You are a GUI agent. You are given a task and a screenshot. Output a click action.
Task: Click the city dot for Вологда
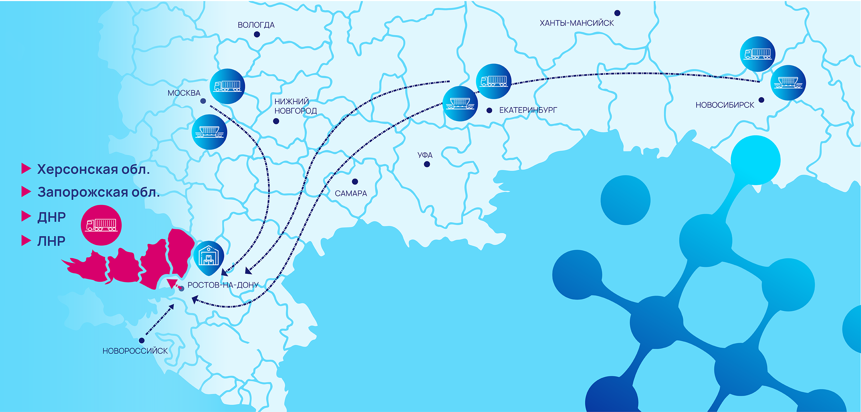point(257,34)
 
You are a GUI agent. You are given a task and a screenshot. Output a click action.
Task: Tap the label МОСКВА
point(184,93)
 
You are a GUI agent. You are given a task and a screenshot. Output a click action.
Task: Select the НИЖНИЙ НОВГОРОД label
point(296,106)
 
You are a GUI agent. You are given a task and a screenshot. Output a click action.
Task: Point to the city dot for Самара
point(355,181)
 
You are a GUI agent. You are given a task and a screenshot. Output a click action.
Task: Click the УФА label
point(425,155)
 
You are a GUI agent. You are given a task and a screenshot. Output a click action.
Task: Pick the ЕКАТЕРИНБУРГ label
point(528,110)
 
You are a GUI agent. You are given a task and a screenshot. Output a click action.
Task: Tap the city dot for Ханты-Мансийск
point(617,13)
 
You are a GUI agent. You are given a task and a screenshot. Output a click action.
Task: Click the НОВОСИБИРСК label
point(725,105)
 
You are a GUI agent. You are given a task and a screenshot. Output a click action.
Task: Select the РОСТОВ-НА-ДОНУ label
point(223,285)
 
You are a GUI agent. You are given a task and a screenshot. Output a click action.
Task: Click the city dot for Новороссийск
point(142,340)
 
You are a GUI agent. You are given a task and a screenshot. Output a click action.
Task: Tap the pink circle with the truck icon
point(101,225)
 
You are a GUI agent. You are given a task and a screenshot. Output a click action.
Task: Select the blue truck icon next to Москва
point(227,86)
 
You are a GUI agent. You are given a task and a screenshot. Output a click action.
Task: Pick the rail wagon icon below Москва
point(210,132)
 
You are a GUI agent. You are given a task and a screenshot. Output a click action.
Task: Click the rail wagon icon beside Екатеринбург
point(460,104)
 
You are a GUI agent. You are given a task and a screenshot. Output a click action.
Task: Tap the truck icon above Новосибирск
point(757,54)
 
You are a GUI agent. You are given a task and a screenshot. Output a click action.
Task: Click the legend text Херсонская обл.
point(93,169)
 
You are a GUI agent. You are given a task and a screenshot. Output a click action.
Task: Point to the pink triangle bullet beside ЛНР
point(26,241)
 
